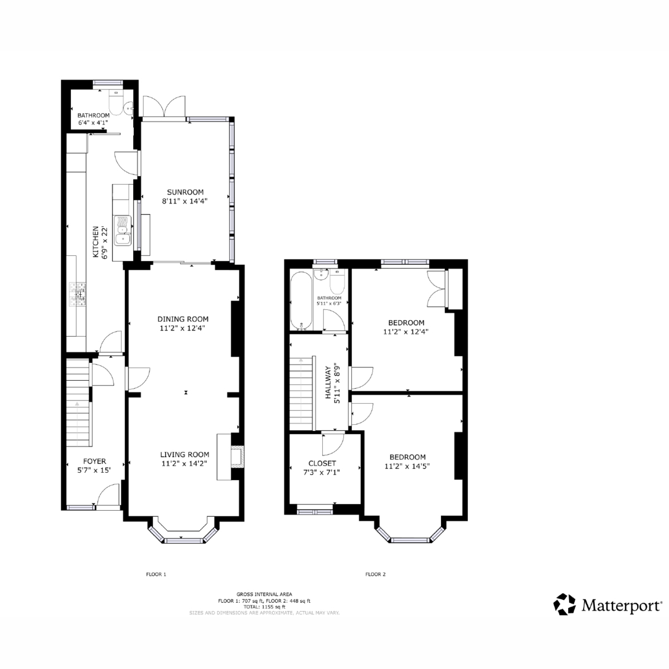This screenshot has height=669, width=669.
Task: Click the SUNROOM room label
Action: [185, 192]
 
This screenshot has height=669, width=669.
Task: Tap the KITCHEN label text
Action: [95, 242]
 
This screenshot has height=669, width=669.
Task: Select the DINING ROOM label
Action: [183, 319]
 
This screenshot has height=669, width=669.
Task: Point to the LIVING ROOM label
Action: [185, 454]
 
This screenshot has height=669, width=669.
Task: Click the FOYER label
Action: [94, 461]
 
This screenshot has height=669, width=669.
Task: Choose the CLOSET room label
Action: [322, 463]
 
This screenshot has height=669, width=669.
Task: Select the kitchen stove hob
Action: [78, 294]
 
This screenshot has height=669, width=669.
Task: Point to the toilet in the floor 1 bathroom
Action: [115, 103]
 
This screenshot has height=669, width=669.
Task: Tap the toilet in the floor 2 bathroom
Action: [337, 282]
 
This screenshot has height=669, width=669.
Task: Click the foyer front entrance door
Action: [108, 496]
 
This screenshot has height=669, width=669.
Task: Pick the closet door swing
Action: [333, 444]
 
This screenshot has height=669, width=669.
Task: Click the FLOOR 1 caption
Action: [156, 574]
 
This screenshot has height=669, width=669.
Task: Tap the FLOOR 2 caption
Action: [375, 574]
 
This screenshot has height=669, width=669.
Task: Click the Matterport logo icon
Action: [564, 604]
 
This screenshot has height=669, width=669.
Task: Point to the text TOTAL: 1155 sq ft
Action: [264, 607]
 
